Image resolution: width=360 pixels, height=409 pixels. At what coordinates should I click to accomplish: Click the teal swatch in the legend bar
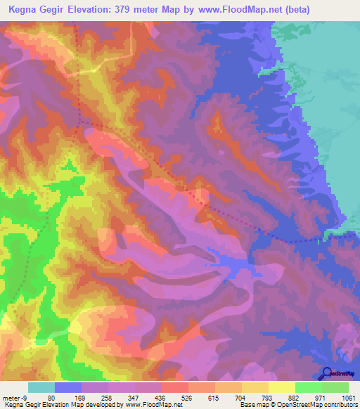[41, 387]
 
